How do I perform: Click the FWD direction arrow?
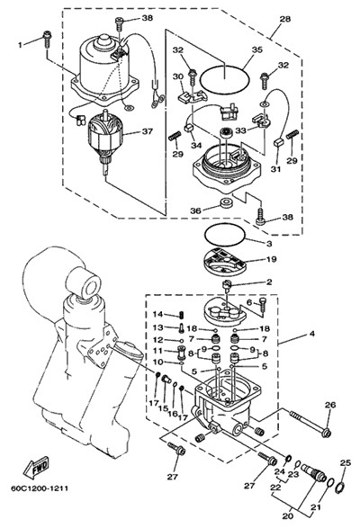pyautogui.click(x=36, y=467)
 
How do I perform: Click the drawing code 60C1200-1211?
pyautogui.click(x=39, y=488)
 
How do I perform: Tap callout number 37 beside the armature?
pyautogui.click(x=147, y=131)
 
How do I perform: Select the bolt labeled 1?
pyautogui.click(x=47, y=39)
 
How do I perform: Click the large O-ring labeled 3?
pyautogui.click(x=224, y=235)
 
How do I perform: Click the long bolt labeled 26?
pyautogui.click(x=310, y=423)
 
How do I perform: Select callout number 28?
pyautogui.click(x=284, y=19)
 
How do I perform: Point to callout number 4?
pyautogui.click(x=312, y=334)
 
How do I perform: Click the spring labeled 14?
pyautogui.click(x=181, y=315)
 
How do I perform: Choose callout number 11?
pyautogui.click(x=157, y=351)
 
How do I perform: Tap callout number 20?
pyautogui.click(x=290, y=516)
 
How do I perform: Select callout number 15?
pyautogui.click(x=164, y=407)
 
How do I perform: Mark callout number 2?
pyautogui.click(x=269, y=282)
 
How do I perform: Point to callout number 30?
pyautogui.click(x=178, y=77)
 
